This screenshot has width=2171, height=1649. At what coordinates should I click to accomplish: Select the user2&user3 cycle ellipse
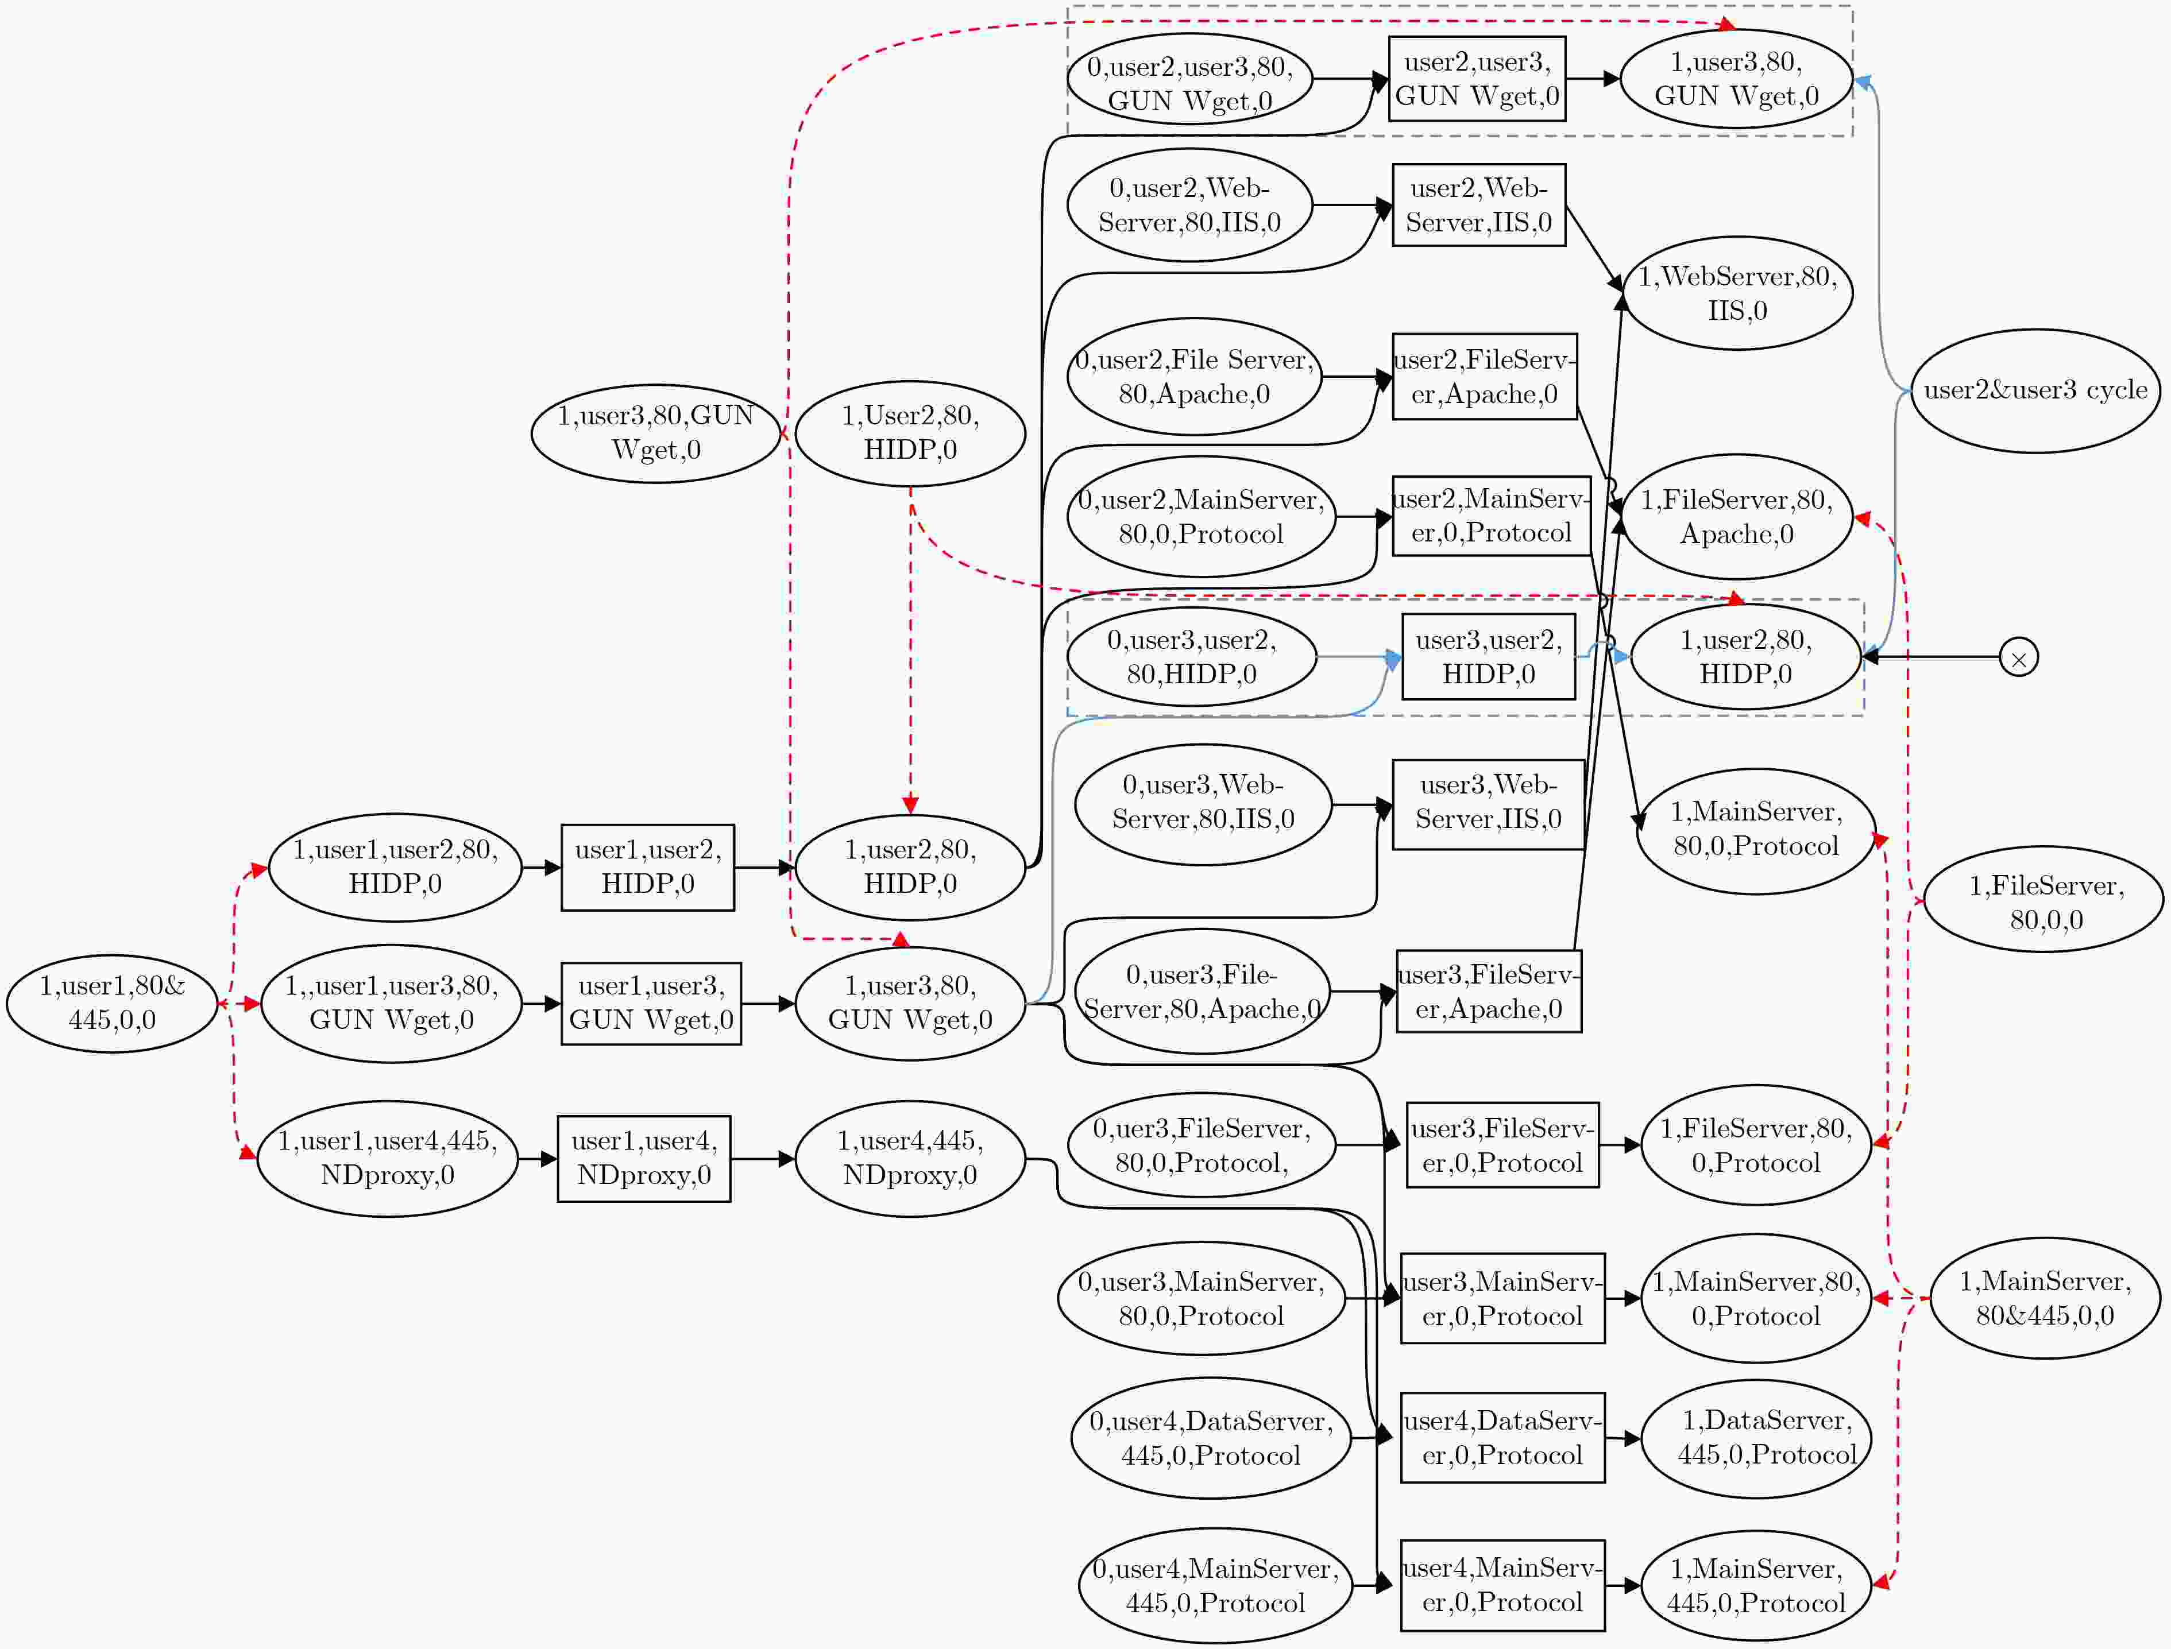point(2035,390)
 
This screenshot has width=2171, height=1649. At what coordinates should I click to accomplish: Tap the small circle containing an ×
point(2019,657)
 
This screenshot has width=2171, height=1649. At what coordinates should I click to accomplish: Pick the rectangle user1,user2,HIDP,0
point(648,868)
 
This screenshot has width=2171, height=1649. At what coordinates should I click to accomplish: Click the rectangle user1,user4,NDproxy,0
point(644,1158)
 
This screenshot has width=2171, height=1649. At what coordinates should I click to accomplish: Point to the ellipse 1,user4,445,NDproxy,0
point(910,1158)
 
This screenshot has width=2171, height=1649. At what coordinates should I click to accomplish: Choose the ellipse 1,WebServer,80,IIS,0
point(1737,292)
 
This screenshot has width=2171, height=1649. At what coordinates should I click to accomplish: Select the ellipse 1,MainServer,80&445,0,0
point(2045,1298)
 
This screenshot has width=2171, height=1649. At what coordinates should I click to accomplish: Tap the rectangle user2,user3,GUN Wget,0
point(1477,79)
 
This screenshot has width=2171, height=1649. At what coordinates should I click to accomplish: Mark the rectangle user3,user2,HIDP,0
point(1489,657)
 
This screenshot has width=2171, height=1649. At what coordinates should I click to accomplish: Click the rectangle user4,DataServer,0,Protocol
point(1502,1438)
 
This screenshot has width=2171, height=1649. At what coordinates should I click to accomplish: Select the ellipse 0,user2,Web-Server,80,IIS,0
point(1189,205)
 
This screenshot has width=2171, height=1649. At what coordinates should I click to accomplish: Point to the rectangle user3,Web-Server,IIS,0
point(1489,805)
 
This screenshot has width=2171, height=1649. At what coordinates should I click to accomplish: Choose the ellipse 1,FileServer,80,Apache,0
point(1737,516)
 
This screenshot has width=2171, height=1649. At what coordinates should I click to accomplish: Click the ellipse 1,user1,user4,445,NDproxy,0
point(387,1158)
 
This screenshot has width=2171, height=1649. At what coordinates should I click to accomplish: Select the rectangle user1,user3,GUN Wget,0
point(651,1003)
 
